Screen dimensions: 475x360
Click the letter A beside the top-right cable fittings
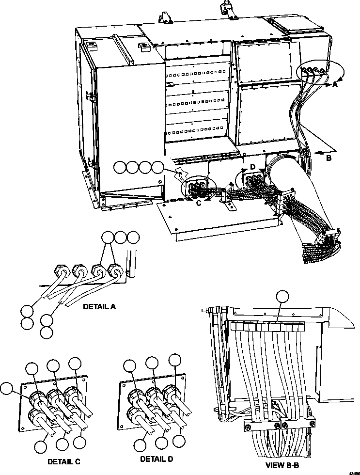coord(335,84)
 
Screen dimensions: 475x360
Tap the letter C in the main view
coord(199,203)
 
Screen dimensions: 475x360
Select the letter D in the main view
coord(252,167)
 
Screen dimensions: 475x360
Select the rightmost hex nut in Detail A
coord(115,270)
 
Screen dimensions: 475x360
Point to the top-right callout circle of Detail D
coord(175,360)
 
